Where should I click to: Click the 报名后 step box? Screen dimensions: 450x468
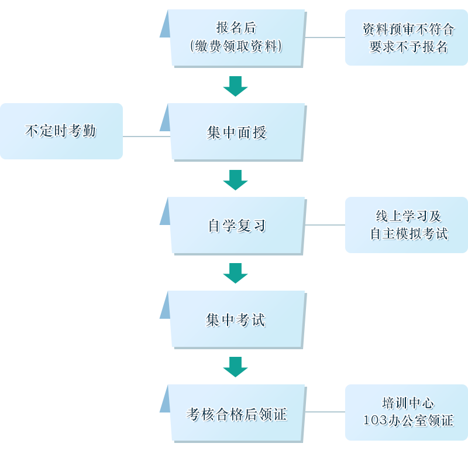pyautogui.click(x=237, y=37)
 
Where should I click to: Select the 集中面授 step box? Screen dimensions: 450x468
pyautogui.click(x=237, y=132)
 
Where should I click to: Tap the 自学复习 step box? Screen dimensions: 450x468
pyautogui.click(x=237, y=226)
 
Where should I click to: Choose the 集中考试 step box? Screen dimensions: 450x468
pyautogui.click(x=237, y=319)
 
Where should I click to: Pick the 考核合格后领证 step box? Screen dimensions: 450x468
pyautogui.click(x=237, y=414)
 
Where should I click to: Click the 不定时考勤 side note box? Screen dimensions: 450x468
pyautogui.click(x=61, y=131)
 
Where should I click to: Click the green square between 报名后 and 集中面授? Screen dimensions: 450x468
pyautogui.click(x=235, y=86)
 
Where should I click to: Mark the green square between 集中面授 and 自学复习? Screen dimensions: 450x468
pyautogui.click(x=235, y=180)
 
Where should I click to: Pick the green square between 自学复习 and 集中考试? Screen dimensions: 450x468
pyautogui.click(x=235, y=273)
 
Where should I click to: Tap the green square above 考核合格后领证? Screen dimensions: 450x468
pyautogui.click(x=235, y=367)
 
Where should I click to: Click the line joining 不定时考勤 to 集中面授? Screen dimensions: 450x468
pyautogui.click(x=145, y=136)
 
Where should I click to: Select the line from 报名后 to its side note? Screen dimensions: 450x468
pyautogui.click(x=326, y=37)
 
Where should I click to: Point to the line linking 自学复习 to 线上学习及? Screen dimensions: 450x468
pyautogui.click(x=326, y=224)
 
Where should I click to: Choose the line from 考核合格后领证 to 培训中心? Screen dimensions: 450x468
pyautogui.click(x=326, y=411)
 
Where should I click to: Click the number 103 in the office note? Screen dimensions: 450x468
pyautogui.click(x=374, y=421)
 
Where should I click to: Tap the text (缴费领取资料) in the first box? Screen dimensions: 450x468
pyautogui.click(x=236, y=46)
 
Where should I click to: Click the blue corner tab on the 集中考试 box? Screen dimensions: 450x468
pyautogui.click(x=164, y=304)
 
